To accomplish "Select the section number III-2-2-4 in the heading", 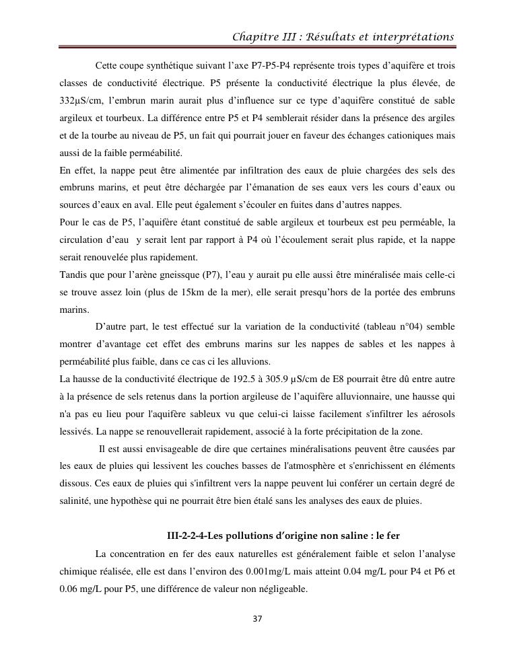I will tap(187, 535).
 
